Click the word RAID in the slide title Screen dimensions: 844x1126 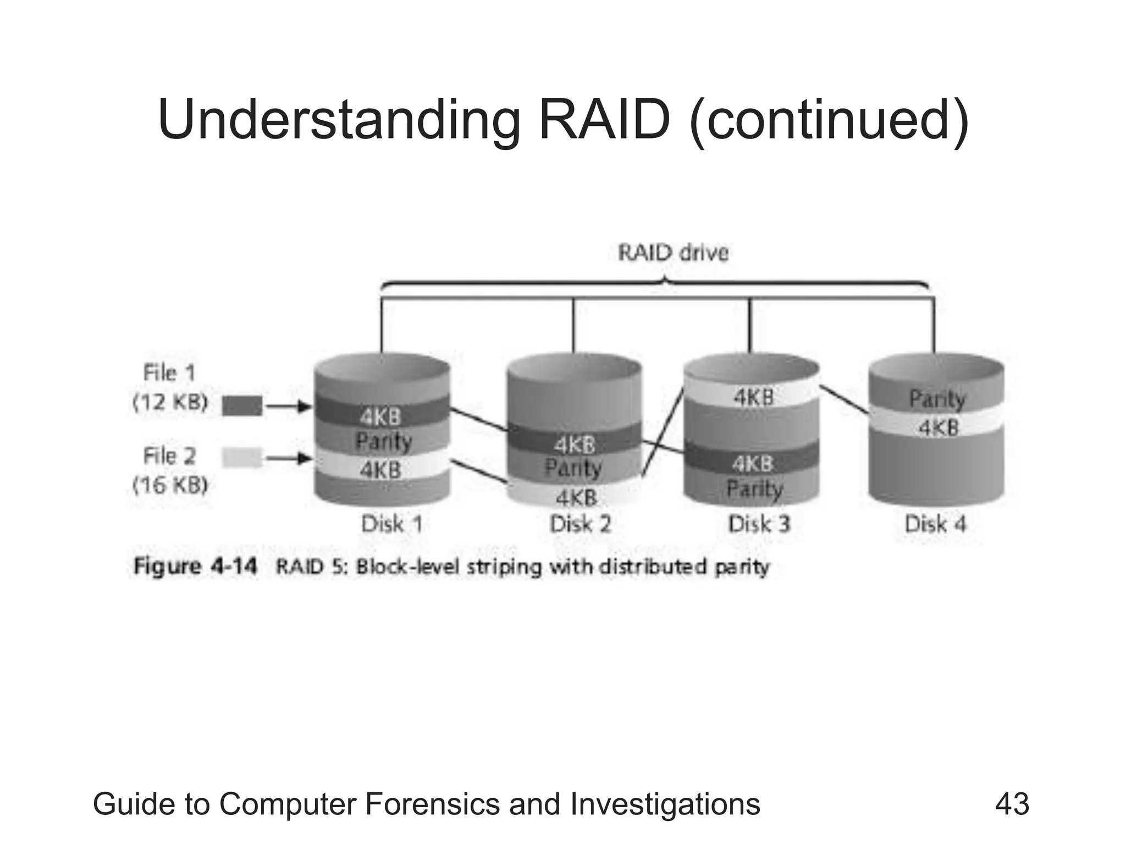pos(606,119)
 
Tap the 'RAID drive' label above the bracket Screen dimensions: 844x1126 pos(673,253)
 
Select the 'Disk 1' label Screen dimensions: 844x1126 pos(391,524)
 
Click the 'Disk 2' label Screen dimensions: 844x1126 pos(581,524)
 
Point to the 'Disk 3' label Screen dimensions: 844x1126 pos(759,524)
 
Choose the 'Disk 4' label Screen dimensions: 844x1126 pos(935,524)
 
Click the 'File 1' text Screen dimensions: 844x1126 pos(169,373)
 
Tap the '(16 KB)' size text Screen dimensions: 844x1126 pos(170,485)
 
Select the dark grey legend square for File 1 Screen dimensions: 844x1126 pos(242,407)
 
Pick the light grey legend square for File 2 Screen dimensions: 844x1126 pos(242,458)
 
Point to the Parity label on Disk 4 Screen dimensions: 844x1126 pos(937,399)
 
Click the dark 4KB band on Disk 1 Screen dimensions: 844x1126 pos(380,417)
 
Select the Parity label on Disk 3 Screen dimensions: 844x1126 pos(754,488)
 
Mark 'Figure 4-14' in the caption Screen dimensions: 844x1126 pos(195,567)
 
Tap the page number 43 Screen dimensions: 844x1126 pos(1012,804)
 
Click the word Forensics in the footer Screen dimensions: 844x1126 pos(434,804)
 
